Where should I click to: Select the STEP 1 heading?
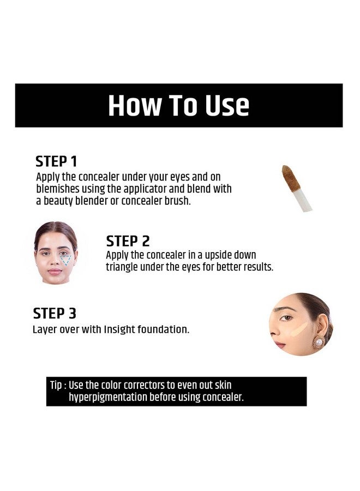(56, 161)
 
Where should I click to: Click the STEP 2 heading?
(128, 241)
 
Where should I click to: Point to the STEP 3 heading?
(55, 314)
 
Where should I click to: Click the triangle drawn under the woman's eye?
(66, 260)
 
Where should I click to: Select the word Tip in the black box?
(56, 386)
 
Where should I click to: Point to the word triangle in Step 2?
(123, 267)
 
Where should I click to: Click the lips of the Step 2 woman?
(55, 271)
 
